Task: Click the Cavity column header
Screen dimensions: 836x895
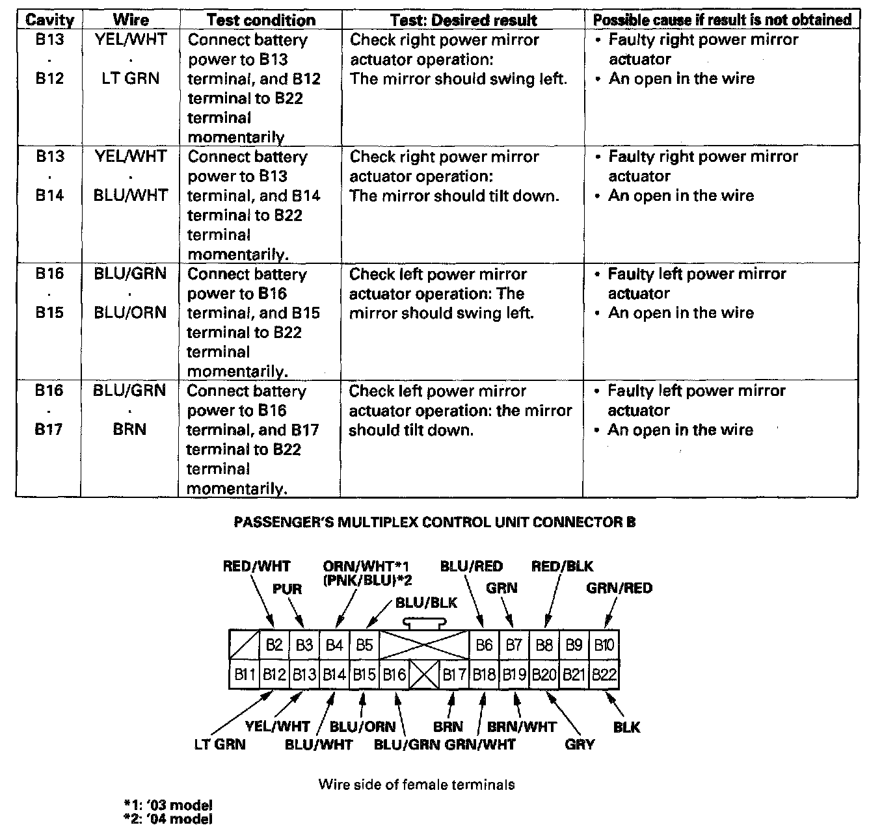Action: coord(49,20)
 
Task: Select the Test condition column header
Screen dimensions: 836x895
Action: coord(261,20)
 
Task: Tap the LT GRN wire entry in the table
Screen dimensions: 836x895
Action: coord(131,79)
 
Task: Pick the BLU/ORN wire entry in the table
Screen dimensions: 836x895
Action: coord(130,313)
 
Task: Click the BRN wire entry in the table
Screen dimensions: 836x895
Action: coord(129,430)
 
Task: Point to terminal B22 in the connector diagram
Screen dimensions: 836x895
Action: coord(604,674)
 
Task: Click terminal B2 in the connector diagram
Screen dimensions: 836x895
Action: coord(274,645)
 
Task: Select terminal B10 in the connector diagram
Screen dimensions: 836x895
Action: coord(604,645)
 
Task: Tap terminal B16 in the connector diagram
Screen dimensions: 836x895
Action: coord(394,674)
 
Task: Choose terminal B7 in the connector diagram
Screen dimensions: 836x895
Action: coord(514,645)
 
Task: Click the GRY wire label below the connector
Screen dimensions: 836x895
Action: coord(580,744)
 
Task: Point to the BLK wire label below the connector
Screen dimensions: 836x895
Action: coord(626,727)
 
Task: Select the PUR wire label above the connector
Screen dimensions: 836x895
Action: coord(287,589)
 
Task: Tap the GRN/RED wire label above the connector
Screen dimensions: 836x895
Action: coord(619,588)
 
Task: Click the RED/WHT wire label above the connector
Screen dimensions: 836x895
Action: coord(256,566)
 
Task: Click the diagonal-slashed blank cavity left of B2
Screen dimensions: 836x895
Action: coord(245,645)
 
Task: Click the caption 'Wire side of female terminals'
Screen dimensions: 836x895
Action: coord(416,784)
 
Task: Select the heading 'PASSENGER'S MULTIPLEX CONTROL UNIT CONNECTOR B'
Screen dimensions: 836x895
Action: coord(434,522)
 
